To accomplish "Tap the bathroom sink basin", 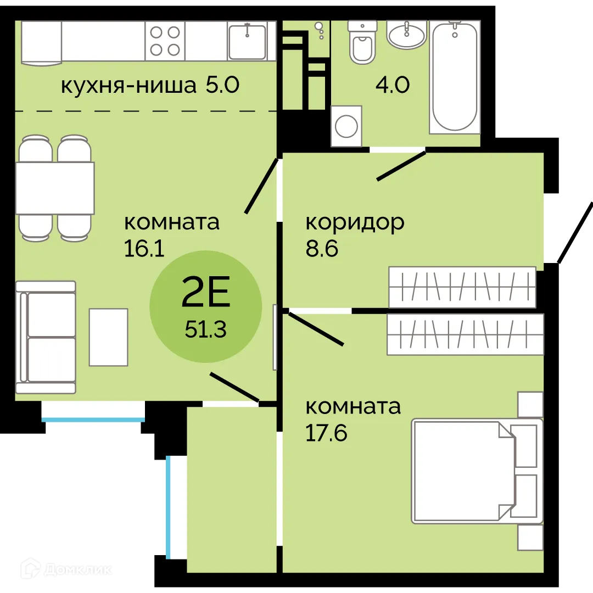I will pyautogui.click(x=406, y=35).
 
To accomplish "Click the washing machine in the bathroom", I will pyautogui.click(x=346, y=126).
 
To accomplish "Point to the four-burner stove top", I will pyautogui.click(x=165, y=41).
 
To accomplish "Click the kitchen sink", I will pyautogui.click(x=247, y=41).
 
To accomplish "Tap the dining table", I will pyautogui.click(x=55, y=188).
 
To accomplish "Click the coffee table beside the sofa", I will pyautogui.click(x=108, y=337).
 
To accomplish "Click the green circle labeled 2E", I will pyautogui.click(x=206, y=306).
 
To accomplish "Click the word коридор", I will pyautogui.click(x=355, y=222).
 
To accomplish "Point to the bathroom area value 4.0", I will pyautogui.click(x=392, y=86).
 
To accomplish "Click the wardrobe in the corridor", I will pyautogui.click(x=462, y=287).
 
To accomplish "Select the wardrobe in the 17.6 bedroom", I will pyautogui.click(x=465, y=334).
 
